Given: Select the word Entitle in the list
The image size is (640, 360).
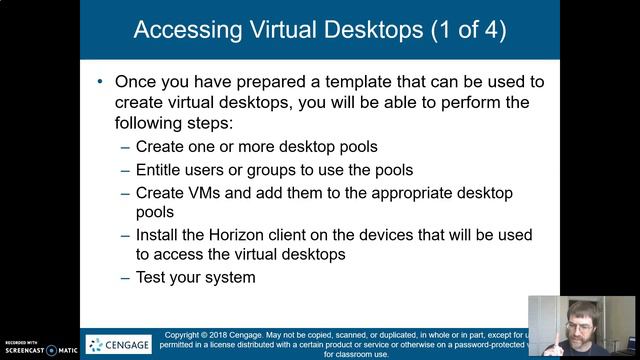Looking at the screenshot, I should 163,169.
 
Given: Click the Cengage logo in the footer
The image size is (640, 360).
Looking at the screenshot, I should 119,345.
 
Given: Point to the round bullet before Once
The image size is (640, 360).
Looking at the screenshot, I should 101,81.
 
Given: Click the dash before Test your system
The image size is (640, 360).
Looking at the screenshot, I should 125,277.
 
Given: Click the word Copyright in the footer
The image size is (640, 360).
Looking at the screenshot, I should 186,334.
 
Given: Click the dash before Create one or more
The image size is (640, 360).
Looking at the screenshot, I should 125,147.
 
